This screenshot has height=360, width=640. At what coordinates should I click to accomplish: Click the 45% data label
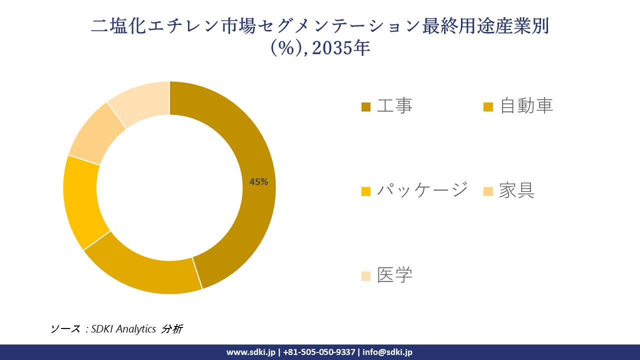258,182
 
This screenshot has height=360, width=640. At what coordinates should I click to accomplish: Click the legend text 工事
394,106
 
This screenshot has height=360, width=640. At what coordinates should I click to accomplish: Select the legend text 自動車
526,106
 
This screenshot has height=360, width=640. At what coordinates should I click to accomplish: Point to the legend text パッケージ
422,190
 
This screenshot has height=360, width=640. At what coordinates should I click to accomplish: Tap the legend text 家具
516,190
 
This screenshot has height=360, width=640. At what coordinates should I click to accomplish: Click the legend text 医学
394,274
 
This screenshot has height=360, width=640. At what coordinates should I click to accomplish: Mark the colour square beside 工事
366,107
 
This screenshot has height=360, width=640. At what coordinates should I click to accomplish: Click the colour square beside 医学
366,276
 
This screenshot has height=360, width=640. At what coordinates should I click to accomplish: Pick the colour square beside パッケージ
366,191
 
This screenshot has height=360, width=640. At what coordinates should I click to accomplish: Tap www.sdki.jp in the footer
250,352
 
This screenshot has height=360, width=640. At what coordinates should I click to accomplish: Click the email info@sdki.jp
387,352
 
